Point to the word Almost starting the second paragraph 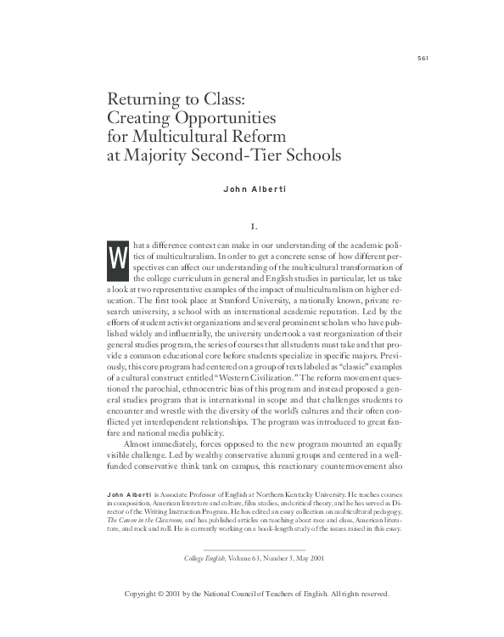click(x=141, y=444)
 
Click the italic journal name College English click(x=205, y=559)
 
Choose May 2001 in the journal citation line click(x=307, y=559)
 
